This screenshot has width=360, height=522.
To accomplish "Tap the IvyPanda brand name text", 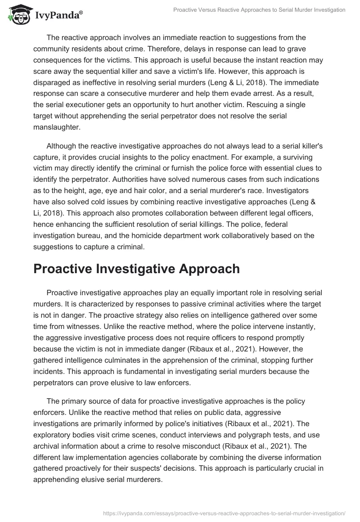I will click(57, 15).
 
